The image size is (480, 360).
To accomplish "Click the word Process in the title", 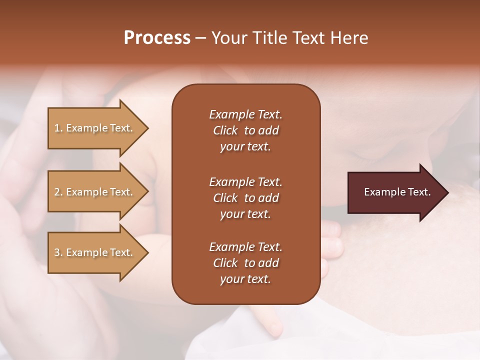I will [157, 38].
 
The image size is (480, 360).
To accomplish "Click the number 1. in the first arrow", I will [58, 128].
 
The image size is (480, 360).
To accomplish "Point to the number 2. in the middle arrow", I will [58, 192].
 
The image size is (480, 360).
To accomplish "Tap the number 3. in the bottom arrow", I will [58, 252].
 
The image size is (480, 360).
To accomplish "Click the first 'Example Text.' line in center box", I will [245, 114].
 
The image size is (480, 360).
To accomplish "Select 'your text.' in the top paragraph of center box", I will [245, 147].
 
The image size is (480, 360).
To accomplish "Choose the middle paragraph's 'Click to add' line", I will [245, 198].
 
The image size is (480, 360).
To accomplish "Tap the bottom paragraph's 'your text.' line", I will [245, 279].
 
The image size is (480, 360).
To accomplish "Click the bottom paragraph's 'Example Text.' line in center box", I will [245, 247].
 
